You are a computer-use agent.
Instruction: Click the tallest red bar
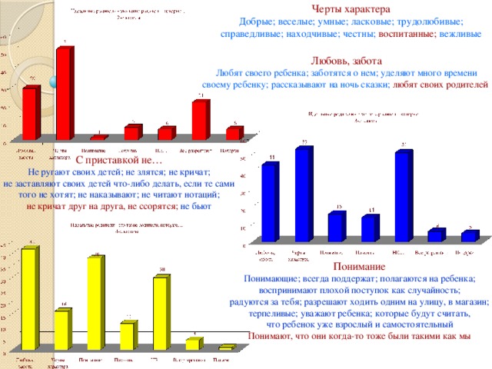click(64, 92)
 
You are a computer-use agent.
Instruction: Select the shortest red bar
click(99, 137)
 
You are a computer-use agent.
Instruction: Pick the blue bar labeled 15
click(337, 227)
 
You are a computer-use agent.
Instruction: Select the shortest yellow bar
click(225, 347)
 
